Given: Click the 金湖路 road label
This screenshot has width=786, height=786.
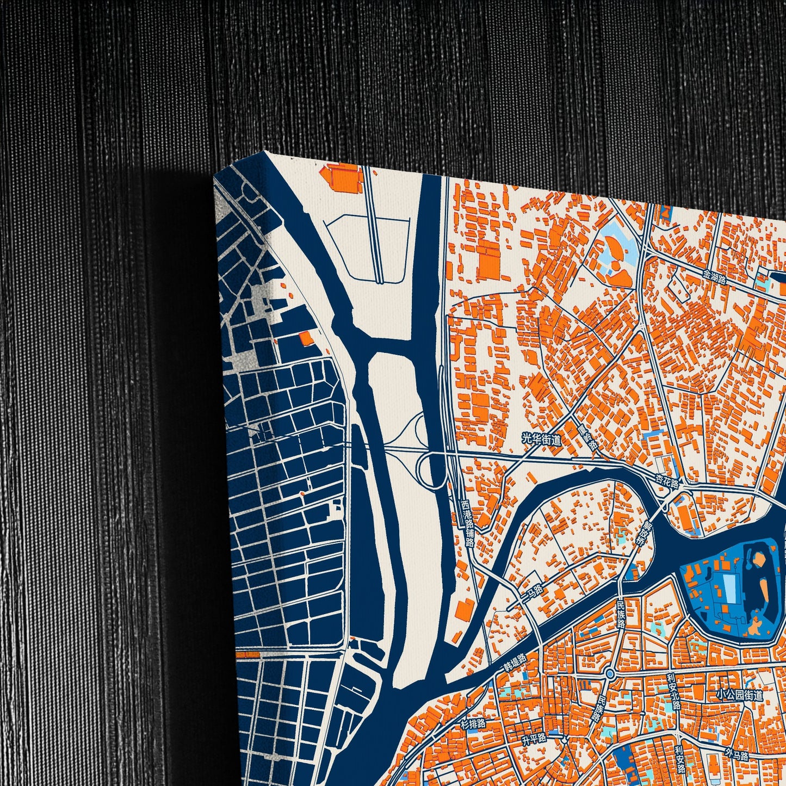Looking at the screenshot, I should (x=714, y=277).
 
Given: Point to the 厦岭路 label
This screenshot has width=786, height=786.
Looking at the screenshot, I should (x=587, y=436).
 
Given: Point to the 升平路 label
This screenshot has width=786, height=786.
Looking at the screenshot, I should (x=533, y=740).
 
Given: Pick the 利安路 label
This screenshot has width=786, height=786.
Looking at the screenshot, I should (x=679, y=760).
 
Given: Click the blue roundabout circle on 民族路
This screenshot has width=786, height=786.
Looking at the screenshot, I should (x=610, y=674).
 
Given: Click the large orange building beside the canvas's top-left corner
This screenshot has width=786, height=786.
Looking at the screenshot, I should (x=341, y=177).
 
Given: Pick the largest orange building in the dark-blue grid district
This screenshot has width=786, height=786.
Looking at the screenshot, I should (x=306, y=338).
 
